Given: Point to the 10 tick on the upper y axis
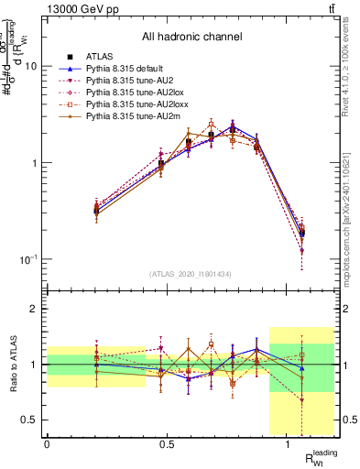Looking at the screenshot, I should point(30,66).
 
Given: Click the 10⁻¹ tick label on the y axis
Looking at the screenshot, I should point(27,259).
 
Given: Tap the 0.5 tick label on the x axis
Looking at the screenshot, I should point(167,445).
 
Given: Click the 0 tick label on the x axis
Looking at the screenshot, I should point(47,445).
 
